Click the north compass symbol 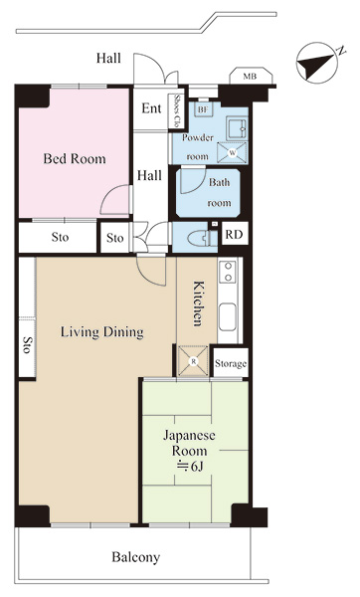point(317,63)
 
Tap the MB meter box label point(250,77)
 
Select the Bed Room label point(75,159)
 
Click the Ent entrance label point(151,108)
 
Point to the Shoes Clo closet point(177,110)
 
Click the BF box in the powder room point(203,109)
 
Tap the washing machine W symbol point(232,152)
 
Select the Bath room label point(219,192)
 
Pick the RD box point(235,234)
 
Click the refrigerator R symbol point(193,361)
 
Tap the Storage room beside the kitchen point(231,363)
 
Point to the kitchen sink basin point(227,316)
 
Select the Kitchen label point(198,303)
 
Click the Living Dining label point(102,332)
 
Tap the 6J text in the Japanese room point(189,467)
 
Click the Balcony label point(136,557)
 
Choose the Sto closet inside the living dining point(27,317)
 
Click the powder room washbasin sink point(237,128)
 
